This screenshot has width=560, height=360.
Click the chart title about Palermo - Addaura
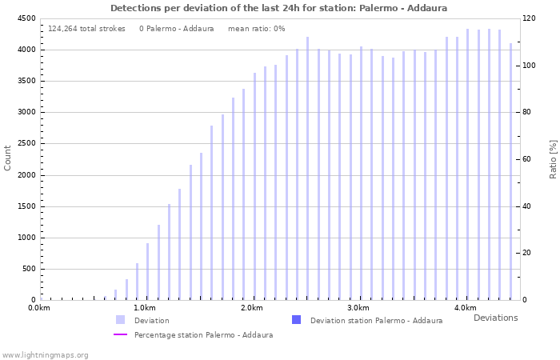278,8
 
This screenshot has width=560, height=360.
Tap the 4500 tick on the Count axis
26,18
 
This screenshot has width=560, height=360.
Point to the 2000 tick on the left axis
26,175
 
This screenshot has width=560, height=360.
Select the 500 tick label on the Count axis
28,269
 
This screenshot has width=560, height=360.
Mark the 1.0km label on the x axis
145,308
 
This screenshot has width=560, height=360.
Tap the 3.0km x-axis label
358,308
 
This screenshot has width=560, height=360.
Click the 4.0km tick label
465,308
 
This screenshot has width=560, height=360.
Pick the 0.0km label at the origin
39,308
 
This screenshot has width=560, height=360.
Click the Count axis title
8,158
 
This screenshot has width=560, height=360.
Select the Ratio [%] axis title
553,158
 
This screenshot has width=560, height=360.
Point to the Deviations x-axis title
495,318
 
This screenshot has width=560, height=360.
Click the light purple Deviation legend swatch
120,320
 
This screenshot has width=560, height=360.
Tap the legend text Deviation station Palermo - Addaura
376,321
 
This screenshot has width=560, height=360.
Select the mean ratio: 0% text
256,29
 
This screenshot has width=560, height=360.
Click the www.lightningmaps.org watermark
46,355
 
